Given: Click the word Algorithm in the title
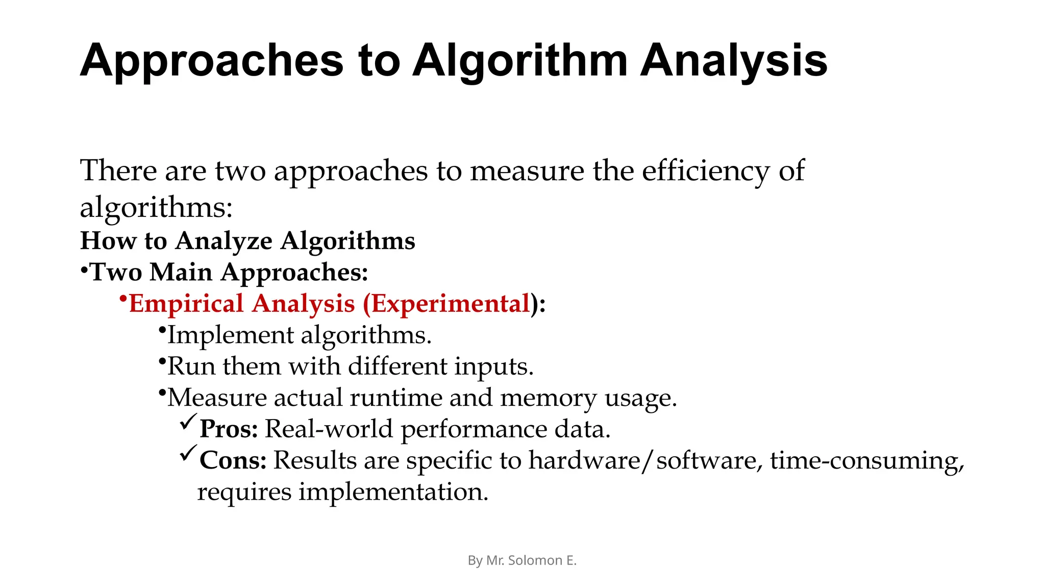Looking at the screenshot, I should coord(519,61).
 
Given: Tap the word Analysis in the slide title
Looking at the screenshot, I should coord(733,61).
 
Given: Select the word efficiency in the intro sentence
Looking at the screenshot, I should coord(705,170).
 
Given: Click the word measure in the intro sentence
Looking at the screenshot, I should coord(527,170).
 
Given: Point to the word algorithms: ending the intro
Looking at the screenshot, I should coord(156,208).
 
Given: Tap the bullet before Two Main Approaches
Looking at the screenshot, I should coord(84,270).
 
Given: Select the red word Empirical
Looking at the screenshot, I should coord(186,304).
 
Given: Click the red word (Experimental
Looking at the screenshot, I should coord(446,304).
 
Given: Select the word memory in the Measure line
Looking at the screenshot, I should coord(548,398).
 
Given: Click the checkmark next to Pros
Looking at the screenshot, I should coord(188,422).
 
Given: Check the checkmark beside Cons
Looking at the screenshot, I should coord(188,453).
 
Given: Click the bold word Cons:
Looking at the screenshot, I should coord(233,460).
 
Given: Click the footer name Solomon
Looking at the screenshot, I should coord(535,560).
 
